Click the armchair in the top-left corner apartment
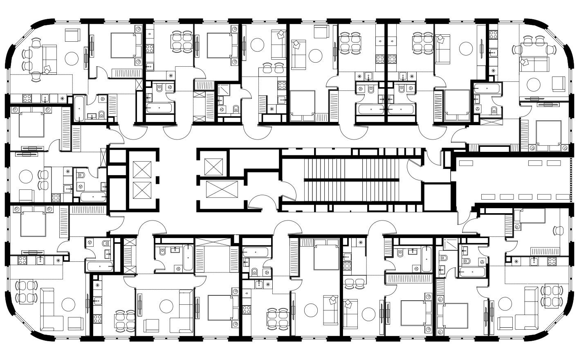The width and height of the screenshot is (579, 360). coord(74,35)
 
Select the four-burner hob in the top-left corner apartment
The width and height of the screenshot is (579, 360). coord(27,98)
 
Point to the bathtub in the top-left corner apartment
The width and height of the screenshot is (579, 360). coord(79,108)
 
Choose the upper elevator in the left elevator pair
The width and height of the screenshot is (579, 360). coord(142,169)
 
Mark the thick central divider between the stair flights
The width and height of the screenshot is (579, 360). coord(351,180)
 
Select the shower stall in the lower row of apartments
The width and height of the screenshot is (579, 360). coord(450,244)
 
